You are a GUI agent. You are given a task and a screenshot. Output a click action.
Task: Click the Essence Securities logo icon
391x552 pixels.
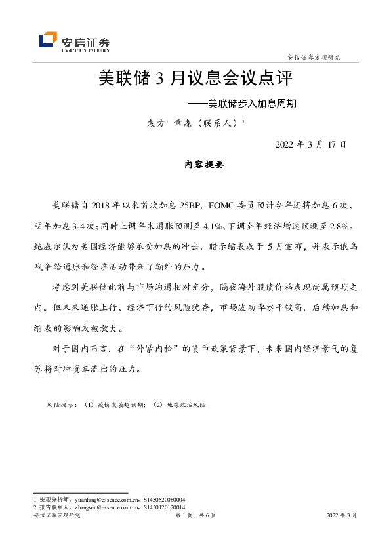tap(48, 40)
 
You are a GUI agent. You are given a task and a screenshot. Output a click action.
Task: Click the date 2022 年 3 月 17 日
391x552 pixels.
tap(310, 144)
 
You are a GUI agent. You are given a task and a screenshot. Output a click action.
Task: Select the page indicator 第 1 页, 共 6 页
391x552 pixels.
tap(195, 516)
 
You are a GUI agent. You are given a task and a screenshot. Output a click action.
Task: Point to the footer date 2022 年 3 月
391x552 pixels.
tap(342, 516)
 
